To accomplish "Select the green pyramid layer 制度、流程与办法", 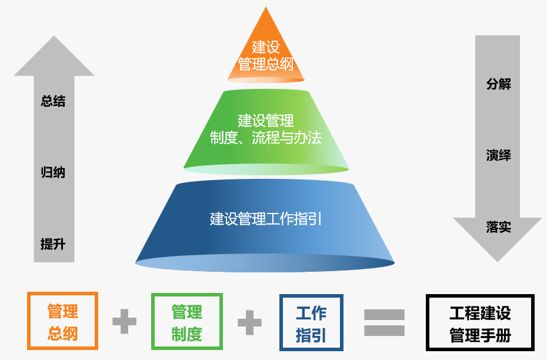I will [266, 132].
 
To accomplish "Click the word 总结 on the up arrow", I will [53, 101].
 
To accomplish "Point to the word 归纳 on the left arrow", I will [53, 172].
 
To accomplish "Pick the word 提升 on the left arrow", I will [53, 244].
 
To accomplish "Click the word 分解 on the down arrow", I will [498, 84].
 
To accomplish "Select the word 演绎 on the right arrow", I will [498, 155].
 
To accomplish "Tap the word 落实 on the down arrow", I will [498, 226].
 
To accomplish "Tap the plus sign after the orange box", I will [124, 322].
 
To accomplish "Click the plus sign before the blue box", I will [249, 322].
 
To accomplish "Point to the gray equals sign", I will [384, 322].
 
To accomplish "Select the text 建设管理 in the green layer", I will [266, 121].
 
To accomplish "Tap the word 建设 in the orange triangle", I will [266, 46].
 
